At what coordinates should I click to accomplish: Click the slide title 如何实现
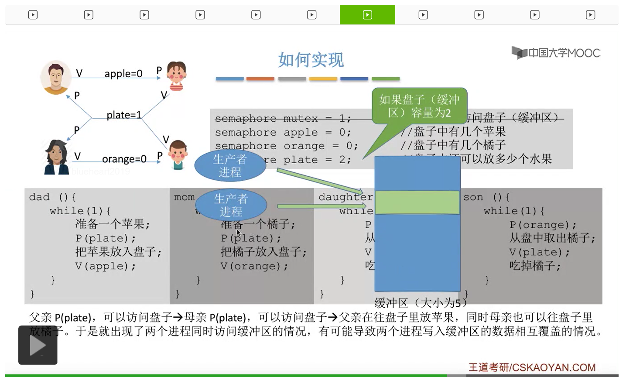pos(311,60)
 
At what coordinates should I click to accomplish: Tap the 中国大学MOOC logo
pos(556,53)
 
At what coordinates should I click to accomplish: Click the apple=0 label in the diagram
pos(123,74)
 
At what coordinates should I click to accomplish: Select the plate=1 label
pos(124,115)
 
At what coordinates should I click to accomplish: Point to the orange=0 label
pos(124,159)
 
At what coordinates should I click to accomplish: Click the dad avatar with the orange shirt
pos(56,77)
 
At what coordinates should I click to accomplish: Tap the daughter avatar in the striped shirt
pos(176,76)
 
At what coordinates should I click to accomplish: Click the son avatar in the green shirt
pos(178,154)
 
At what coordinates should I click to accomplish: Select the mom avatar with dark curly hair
pos(56,157)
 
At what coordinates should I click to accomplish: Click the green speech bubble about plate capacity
pos(419,106)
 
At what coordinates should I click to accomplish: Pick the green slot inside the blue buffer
pos(417,202)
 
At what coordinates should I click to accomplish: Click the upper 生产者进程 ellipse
pos(230,166)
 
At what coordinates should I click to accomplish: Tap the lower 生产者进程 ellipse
pos(231,205)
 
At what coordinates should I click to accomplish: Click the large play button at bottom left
pos(38,345)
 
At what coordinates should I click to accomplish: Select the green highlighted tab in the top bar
pos(367,15)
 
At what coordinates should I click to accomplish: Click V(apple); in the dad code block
pos(106,266)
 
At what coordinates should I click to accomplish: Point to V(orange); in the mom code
pos(254,266)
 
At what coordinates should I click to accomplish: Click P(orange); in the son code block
pos(543,225)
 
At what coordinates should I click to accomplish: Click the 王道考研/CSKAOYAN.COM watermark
pos(532,367)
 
